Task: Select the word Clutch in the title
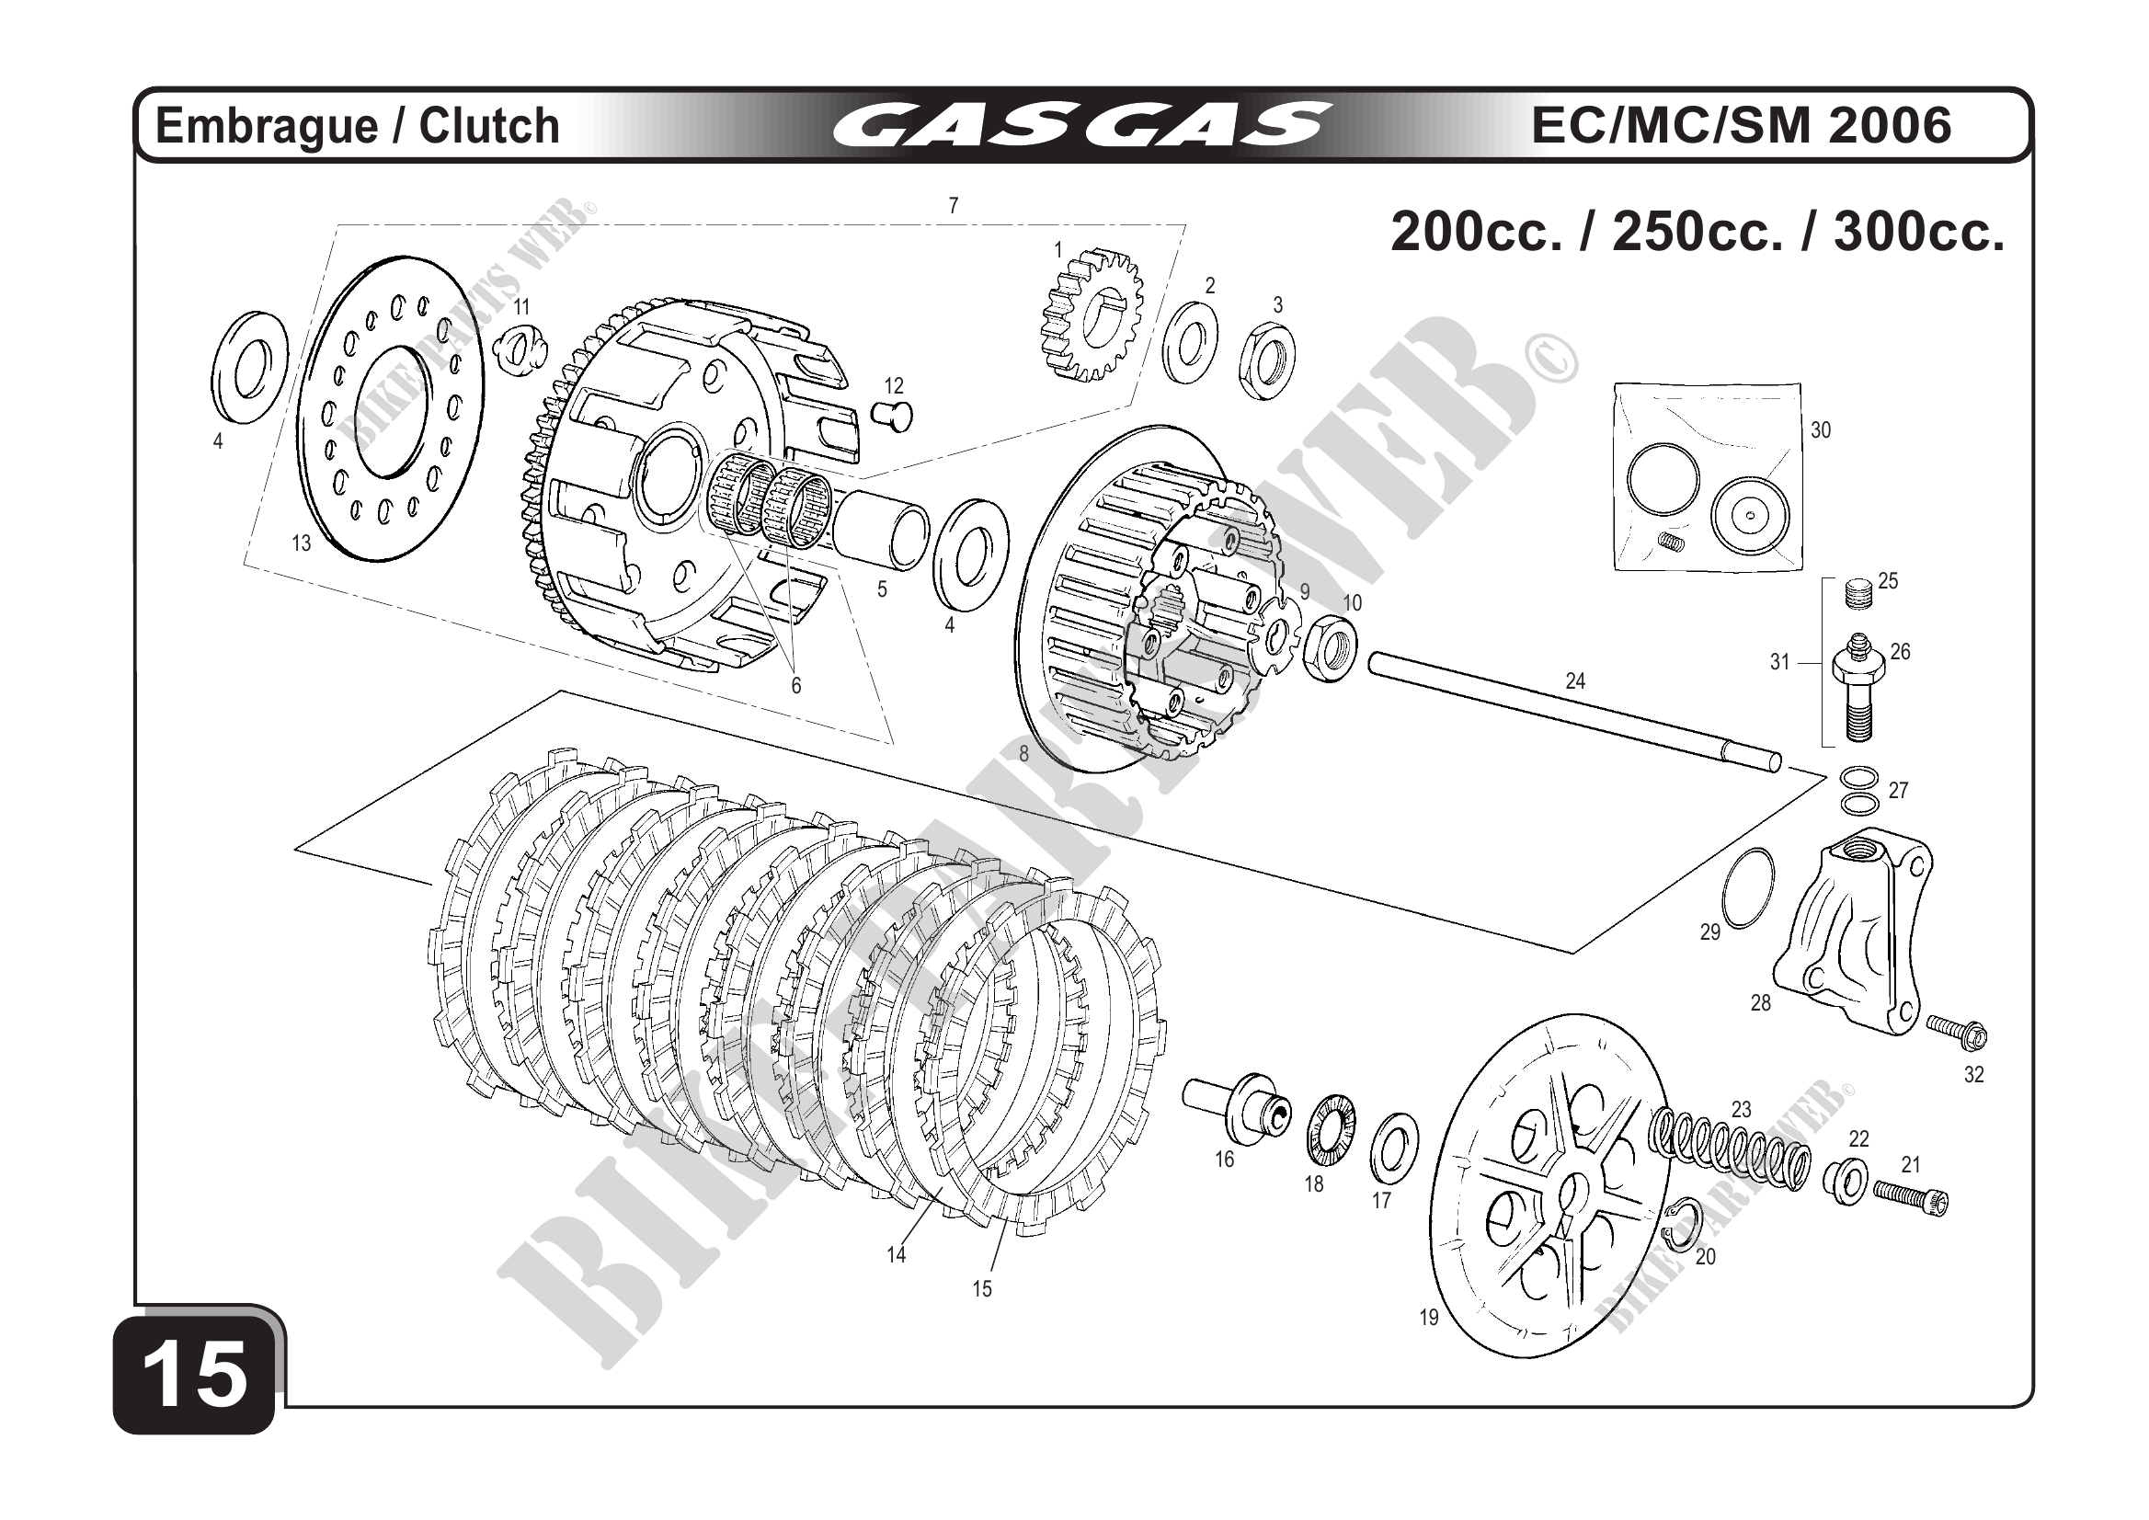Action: point(488,126)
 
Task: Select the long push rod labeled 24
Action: point(1572,715)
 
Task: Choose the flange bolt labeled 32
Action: point(1956,1032)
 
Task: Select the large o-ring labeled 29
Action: point(1747,888)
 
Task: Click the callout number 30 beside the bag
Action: point(1821,430)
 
